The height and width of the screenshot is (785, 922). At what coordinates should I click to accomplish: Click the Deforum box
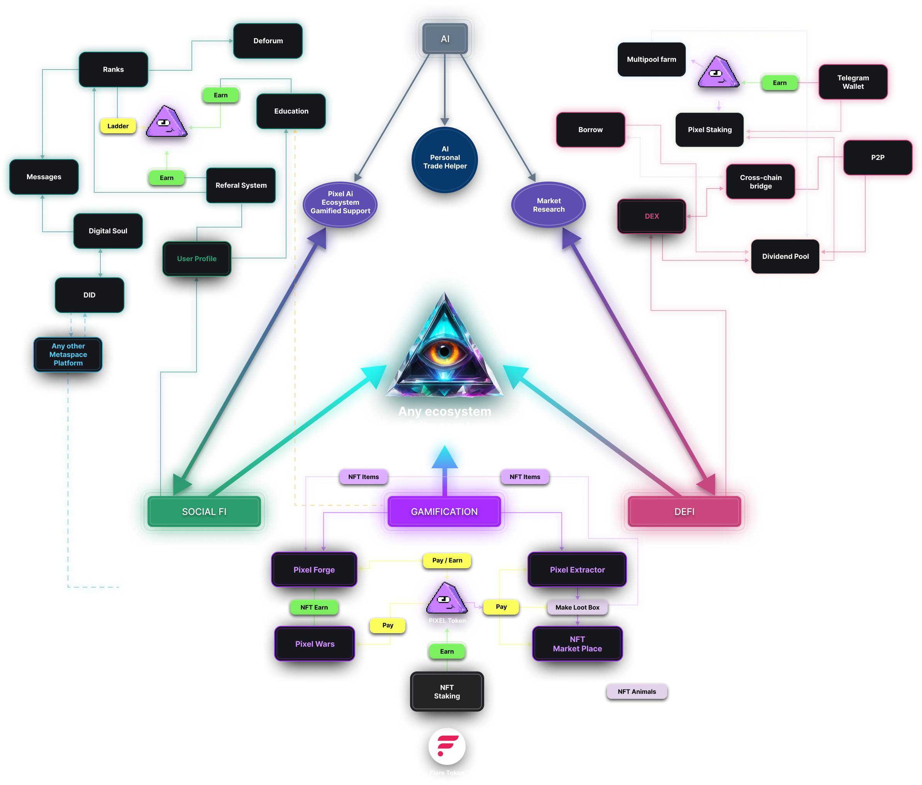268,41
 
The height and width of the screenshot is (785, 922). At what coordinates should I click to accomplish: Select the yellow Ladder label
118,126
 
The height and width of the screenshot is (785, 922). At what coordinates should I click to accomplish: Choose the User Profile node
197,258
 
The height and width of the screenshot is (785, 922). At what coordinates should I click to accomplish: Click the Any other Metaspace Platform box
68,354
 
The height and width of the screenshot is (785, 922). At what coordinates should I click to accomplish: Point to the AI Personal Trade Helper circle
445,158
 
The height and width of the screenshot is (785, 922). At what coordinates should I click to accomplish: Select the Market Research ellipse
548,205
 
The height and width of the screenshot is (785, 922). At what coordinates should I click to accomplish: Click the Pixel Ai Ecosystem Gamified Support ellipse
340,202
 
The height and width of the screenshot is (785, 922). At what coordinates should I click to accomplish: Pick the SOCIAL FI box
204,512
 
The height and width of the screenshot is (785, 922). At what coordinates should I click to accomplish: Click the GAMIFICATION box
444,512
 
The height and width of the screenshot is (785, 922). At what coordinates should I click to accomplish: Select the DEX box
652,216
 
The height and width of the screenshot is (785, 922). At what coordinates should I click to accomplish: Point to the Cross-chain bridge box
761,182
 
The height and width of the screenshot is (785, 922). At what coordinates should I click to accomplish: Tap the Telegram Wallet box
853,82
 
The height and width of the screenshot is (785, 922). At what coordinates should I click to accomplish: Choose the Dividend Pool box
785,257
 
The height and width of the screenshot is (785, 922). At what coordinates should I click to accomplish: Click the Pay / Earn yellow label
447,560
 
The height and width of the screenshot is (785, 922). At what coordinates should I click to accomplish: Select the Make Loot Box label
577,607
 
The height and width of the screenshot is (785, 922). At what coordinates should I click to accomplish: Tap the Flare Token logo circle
447,746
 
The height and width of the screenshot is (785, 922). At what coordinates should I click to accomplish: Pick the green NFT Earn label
314,607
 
